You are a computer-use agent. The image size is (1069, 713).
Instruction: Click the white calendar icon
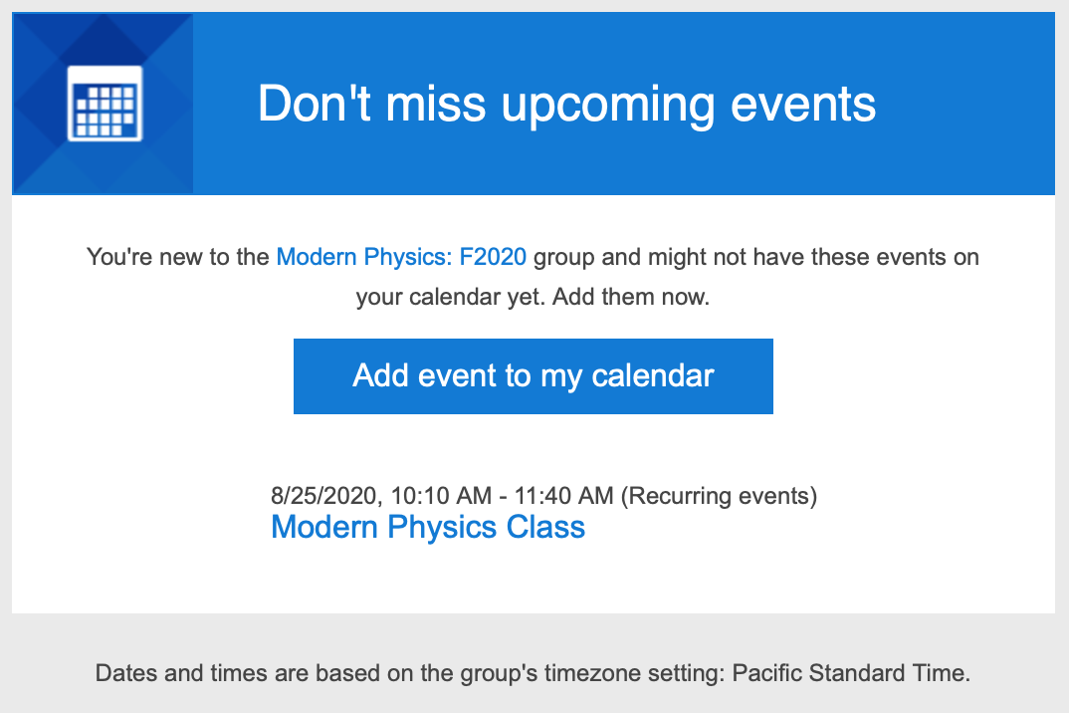(x=105, y=104)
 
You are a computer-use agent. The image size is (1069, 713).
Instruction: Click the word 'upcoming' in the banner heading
(x=608, y=107)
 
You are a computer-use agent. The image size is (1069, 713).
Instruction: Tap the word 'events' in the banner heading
(x=803, y=105)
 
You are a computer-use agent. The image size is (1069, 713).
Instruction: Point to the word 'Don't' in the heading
(x=315, y=103)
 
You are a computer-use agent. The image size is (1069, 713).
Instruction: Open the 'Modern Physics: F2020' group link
(x=401, y=257)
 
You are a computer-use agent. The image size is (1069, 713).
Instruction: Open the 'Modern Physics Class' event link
(x=428, y=527)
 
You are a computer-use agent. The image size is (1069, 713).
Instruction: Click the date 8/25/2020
(x=324, y=496)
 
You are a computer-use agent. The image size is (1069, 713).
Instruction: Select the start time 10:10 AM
(x=441, y=495)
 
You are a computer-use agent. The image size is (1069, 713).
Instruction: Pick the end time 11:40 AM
(x=563, y=495)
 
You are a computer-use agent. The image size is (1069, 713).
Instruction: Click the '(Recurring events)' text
(x=719, y=496)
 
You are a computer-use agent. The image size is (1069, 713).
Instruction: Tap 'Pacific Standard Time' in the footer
(x=849, y=673)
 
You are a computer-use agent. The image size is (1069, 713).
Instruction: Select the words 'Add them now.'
(x=631, y=297)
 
